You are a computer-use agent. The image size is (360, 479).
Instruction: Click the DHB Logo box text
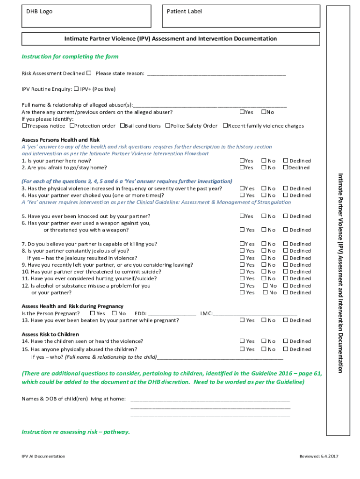[39, 11]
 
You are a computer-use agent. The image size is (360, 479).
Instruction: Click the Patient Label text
[184, 11]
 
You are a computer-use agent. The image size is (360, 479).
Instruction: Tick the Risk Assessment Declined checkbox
[89, 73]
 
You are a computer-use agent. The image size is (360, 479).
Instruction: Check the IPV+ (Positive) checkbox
[76, 89]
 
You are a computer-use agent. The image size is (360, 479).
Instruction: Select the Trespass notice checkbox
[24, 126]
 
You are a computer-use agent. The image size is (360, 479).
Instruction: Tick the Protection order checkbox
[72, 126]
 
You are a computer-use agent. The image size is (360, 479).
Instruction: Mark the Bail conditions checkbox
[122, 126]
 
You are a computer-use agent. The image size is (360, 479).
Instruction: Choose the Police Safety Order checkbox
[168, 126]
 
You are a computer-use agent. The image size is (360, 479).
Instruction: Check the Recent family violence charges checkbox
[225, 126]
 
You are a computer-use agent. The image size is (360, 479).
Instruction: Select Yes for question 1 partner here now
[242, 160]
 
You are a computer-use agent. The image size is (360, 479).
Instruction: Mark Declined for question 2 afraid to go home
[286, 167]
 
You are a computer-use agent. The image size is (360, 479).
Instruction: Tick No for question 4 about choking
[264, 195]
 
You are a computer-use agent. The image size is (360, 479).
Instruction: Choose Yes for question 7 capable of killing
[242, 244]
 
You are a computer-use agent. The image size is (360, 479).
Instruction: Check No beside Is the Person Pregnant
[115, 313]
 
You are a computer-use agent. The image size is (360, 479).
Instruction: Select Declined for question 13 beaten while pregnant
[286, 320]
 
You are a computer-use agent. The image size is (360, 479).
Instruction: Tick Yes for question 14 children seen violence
[242, 341]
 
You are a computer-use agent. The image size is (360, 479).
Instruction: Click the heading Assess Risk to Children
[50, 334]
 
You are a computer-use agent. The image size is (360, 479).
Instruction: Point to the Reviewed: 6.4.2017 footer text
[318, 456]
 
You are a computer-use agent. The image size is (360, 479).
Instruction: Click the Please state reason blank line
[216, 74]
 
